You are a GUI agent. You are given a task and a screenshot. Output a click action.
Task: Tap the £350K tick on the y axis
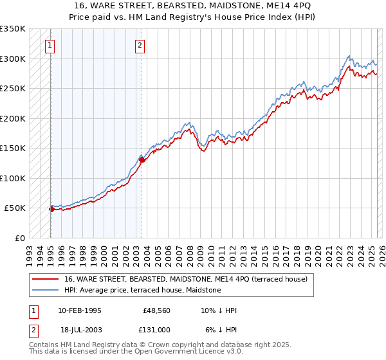(13, 29)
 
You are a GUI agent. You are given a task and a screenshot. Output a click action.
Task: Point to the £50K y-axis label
(15, 208)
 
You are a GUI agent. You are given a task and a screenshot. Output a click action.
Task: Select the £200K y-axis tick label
(13, 118)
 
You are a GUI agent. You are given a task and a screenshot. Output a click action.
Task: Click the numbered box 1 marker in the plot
(50, 45)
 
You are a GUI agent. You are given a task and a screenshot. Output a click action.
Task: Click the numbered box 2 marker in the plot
(140, 45)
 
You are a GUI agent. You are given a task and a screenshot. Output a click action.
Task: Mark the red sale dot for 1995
(51, 209)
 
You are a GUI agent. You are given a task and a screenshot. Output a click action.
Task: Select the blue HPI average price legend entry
(142, 290)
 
